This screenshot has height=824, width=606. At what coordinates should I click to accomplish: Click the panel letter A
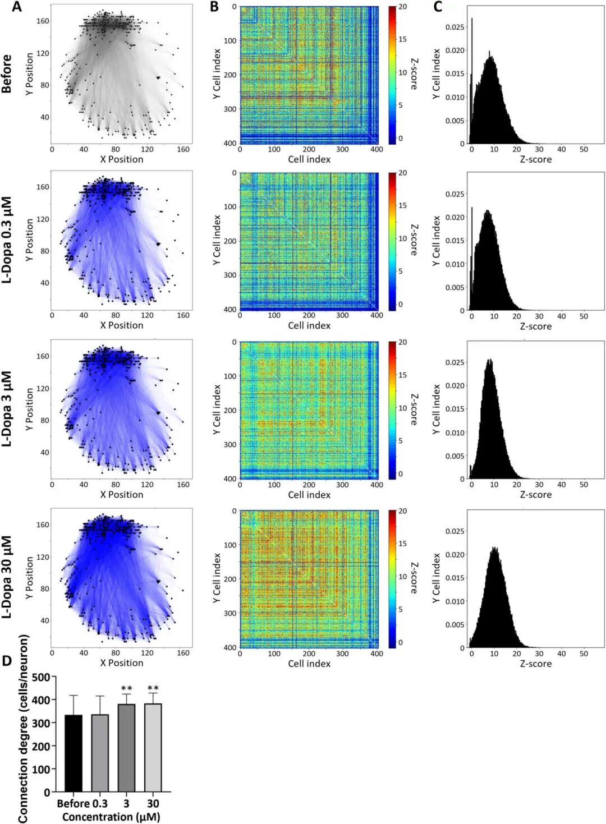(x=17, y=7)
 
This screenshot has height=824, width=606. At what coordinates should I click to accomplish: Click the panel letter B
(x=214, y=7)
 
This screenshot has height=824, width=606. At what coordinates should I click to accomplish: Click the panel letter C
(x=438, y=7)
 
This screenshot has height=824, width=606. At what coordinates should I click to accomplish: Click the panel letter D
(x=7, y=660)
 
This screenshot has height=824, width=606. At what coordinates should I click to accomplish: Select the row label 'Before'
(x=7, y=73)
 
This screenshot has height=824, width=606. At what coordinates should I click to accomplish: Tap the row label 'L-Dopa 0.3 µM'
(x=7, y=240)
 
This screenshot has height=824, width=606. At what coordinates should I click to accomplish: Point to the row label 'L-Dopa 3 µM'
(x=7, y=409)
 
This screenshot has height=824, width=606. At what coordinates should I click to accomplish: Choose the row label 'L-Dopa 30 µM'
(x=7, y=577)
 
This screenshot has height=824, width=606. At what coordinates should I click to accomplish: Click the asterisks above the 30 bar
(x=153, y=688)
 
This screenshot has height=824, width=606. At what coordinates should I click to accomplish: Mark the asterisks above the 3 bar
(x=126, y=688)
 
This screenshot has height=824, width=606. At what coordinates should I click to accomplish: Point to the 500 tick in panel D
(x=41, y=677)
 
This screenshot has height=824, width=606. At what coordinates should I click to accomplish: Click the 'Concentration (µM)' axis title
(x=111, y=817)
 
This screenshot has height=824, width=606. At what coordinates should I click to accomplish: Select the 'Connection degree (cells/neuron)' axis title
(x=23, y=729)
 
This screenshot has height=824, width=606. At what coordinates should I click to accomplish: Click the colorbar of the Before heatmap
(x=392, y=75)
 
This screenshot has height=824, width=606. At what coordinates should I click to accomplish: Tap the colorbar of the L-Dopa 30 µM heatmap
(x=392, y=579)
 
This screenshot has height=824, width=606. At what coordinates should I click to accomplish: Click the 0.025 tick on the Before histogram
(x=454, y=27)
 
